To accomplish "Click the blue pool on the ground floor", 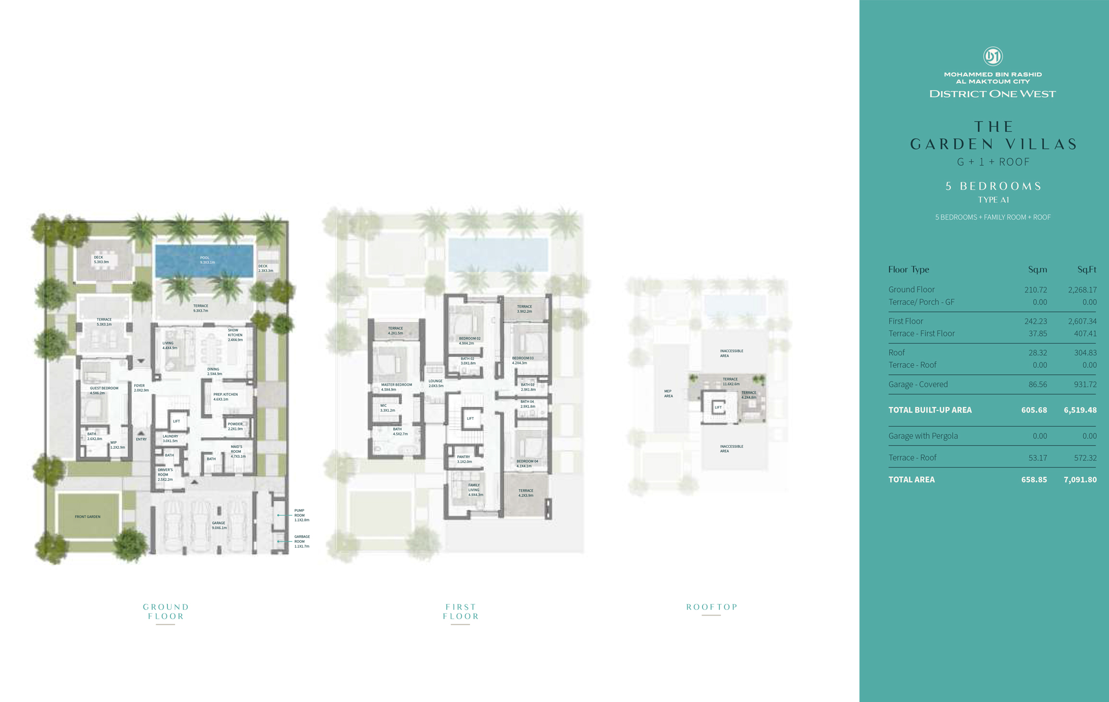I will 204,260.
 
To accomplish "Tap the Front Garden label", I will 87,517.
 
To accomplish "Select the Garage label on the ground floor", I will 219,525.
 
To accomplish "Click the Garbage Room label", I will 302,541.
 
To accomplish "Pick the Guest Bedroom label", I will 104,390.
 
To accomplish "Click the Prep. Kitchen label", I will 225,397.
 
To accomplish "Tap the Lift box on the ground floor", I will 177,421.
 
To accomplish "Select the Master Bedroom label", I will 396,387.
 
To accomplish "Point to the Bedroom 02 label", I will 469,341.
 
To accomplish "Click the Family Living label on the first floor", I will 475,490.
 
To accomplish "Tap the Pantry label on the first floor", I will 464,459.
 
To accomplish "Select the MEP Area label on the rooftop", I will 668,394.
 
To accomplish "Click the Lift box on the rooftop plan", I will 718,407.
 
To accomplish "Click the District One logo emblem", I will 993,56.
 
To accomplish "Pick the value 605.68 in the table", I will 1034,410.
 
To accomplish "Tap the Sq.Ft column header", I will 1087,270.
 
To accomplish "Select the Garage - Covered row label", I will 918,385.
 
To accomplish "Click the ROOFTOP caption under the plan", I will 712,607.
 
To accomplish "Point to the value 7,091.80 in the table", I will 1080,480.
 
